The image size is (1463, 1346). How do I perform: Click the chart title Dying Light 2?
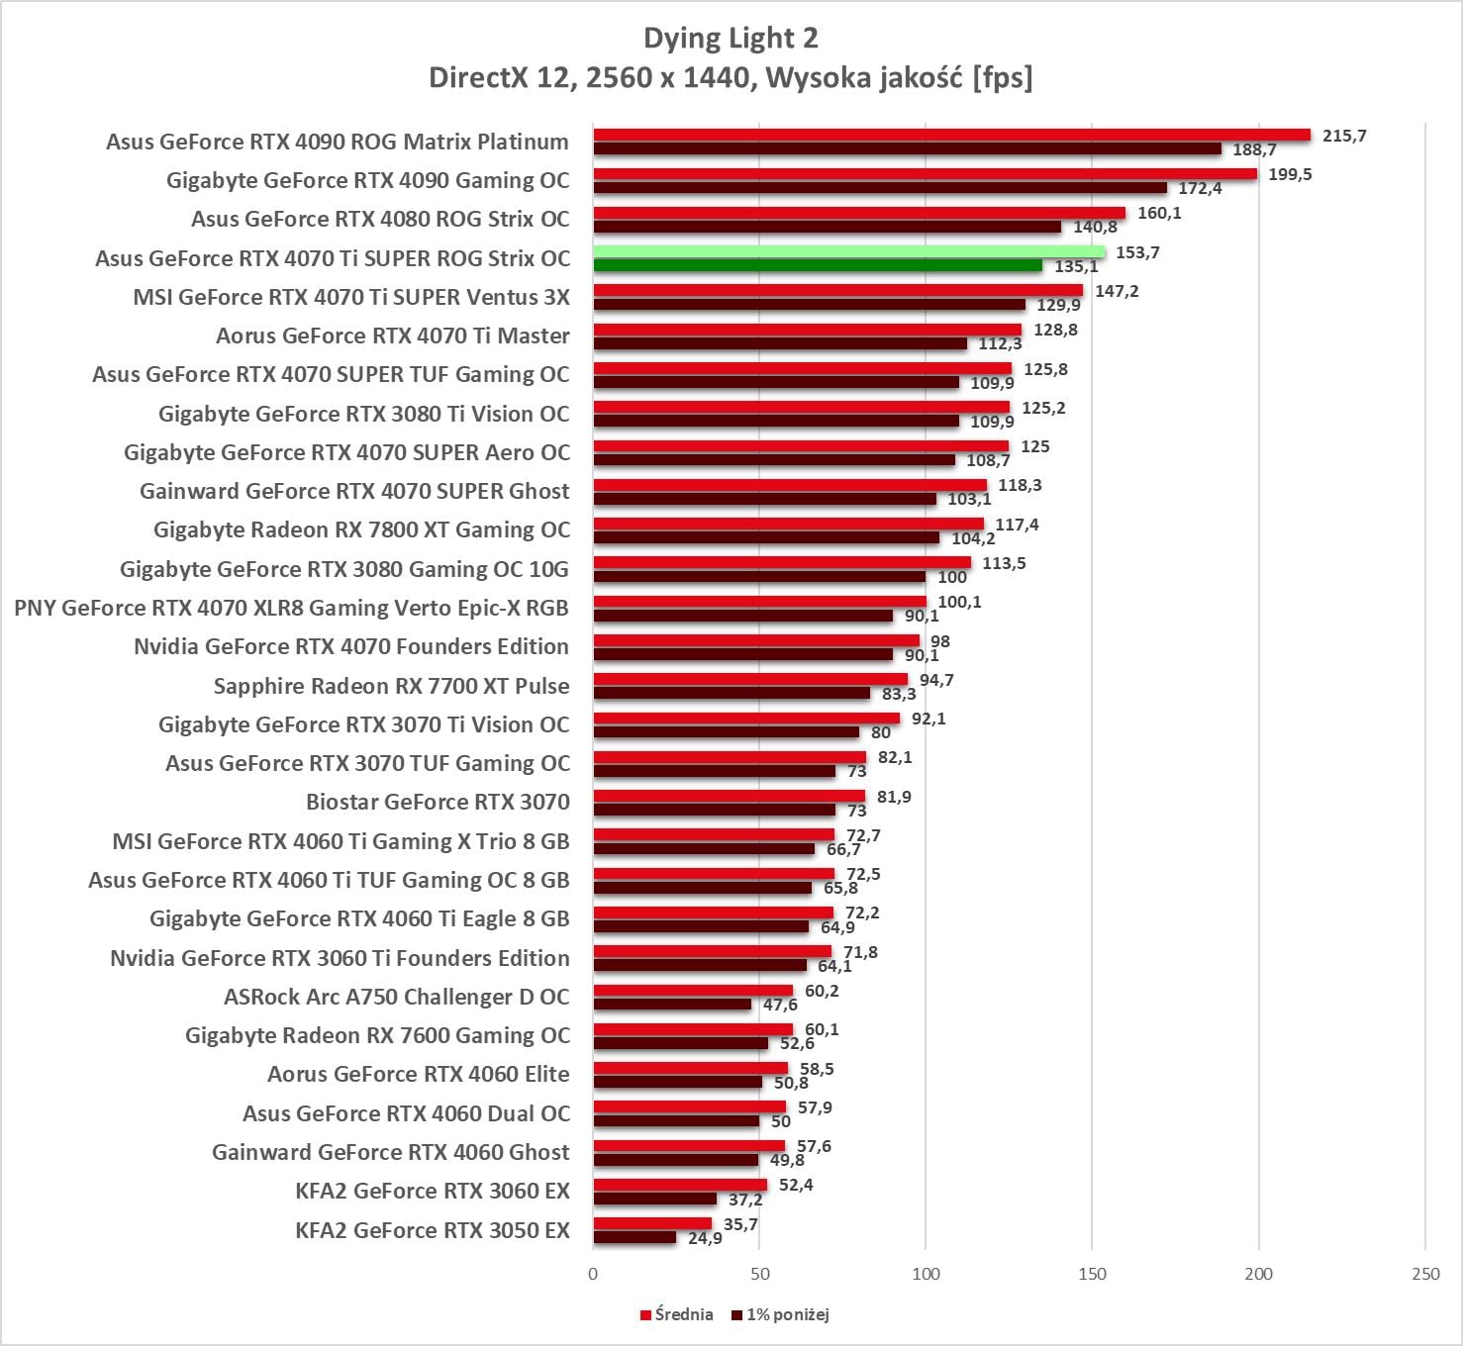pyautogui.click(x=731, y=39)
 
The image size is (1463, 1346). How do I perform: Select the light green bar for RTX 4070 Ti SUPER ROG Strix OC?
pyautogui.click(x=849, y=251)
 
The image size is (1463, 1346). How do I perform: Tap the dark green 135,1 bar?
pyautogui.click(x=818, y=266)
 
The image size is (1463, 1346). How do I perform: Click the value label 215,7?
pyautogui.click(x=1344, y=136)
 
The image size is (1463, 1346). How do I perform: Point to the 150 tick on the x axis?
pyautogui.click(x=1092, y=1274)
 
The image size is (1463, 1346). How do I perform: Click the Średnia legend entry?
pyautogui.click(x=677, y=1314)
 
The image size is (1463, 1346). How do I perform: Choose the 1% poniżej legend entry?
pyautogui.click(x=781, y=1314)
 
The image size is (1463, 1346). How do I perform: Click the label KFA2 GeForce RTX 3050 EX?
pyautogui.click(x=433, y=1230)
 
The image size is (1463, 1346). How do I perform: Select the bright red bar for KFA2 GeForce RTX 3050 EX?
pyautogui.click(x=652, y=1223)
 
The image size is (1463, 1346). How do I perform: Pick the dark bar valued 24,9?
pyautogui.click(x=634, y=1237)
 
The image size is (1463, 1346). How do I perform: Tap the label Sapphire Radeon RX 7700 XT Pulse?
pyautogui.click(x=391, y=686)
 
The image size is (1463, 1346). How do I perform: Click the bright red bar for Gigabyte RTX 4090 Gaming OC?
pyautogui.click(x=925, y=174)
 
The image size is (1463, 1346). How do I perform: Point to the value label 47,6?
pyautogui.click(x=780, y=1005)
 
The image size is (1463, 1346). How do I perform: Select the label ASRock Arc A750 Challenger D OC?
pyautogui.click(x=397, y=997)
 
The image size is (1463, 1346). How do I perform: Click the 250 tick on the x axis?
pyautogui.click(x=1425, y=1274)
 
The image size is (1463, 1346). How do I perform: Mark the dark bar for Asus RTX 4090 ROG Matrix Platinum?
pyautogui.click(x=907, y=149)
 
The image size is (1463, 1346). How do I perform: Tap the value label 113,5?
pyautogui.click(x=1004, y=563)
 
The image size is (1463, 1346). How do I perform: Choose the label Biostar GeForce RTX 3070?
pyautogui.click(x=438, y=802)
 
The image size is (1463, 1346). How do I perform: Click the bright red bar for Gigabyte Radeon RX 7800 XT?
pyautogui.click(x=788, y=524)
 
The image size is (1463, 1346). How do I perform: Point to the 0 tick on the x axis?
pyautogui.click(x=593, y=1274)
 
